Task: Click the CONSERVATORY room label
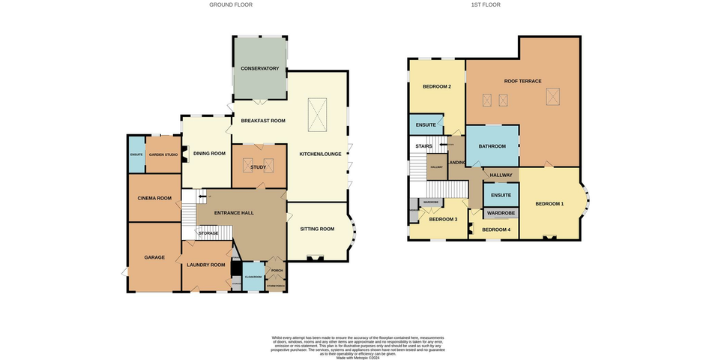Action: [x=259, y=69]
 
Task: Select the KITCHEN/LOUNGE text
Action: [x=316, y=153]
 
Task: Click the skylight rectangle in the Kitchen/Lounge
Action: [x=318, y=116]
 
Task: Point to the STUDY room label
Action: [x=259, y=167]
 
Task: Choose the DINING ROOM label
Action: [x=210, y=154]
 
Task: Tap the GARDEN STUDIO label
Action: [x=163, y=154]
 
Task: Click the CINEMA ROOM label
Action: [x=154, y=198]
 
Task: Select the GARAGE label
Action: [x=154, y=257]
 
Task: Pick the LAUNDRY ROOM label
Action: [x=208, y=265]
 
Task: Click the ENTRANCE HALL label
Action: [x=234, y=213]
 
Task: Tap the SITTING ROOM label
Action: [x=316, y=229]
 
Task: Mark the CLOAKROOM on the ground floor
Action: [x=253, y=277]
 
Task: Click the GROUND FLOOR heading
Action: [x=231, y=4]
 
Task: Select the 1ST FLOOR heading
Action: [x=486, y=4]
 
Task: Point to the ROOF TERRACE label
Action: [x=522, y=81]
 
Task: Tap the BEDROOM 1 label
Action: [x=549, y=204]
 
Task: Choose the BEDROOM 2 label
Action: [x=437, y=87]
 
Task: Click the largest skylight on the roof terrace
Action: [x=553, y=96]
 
